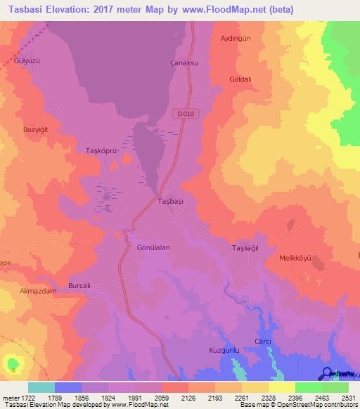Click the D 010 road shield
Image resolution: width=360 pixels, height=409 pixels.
(184, 114)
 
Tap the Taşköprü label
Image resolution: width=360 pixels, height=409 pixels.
(99, 151)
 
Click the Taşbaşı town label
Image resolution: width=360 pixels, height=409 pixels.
(170, 202)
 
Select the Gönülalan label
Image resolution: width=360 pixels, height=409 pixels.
(153, 248)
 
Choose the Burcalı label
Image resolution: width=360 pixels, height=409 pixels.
(80, 286)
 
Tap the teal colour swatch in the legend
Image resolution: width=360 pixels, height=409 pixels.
(41, 387)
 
